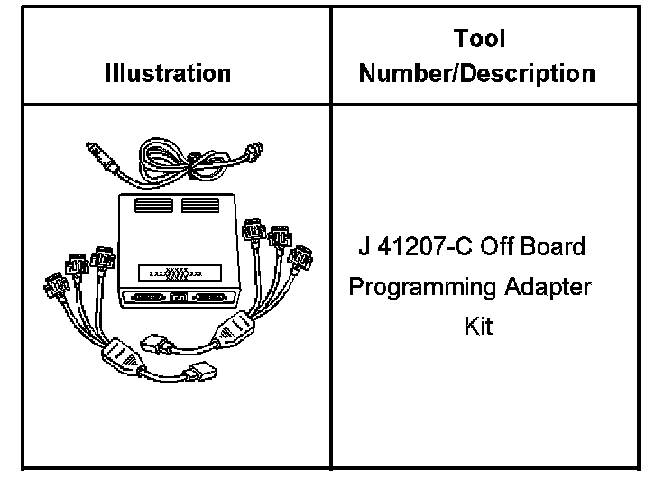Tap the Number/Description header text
click(477, 72)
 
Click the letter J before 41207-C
click(364, 245)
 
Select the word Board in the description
click(553, 245)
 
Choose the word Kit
click(478, 327)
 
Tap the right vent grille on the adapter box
click(200, 206)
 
